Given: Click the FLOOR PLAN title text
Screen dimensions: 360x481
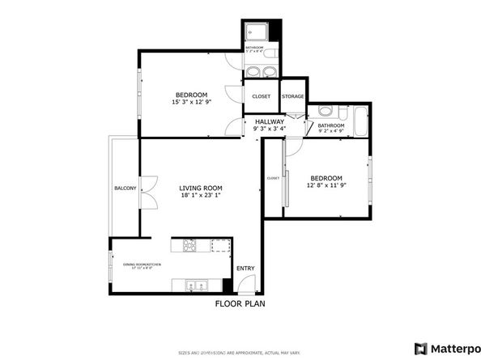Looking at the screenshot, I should tap(240, 304).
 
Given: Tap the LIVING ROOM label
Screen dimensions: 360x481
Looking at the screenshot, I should tap(201, 188).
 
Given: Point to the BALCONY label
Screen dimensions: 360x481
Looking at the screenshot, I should tap(125, 188).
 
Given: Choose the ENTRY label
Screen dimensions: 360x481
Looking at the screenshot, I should tap(245, 268).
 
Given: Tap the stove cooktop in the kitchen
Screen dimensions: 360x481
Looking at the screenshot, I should tap(191, 245).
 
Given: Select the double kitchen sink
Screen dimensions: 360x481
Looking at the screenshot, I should tap(194, 285).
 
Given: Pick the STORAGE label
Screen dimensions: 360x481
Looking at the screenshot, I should tap(292, 96).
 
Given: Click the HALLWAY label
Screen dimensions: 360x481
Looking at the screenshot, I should tap(269, 121).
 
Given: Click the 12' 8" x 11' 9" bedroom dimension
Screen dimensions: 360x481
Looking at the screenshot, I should tap(326, 186).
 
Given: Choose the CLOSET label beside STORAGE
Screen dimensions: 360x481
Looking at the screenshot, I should tap(262, 96).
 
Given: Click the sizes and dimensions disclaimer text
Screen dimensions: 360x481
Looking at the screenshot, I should tap(240, 354).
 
